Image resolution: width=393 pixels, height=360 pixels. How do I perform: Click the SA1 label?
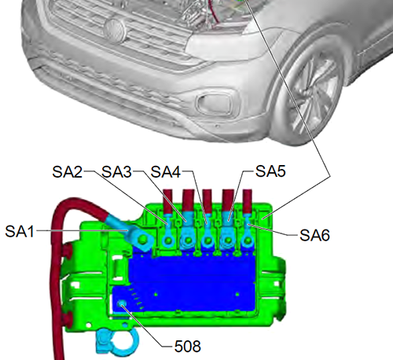click(20, 231)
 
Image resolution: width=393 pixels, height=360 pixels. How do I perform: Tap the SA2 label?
click(68, 172)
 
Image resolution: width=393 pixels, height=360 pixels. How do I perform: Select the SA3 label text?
click(116, 172)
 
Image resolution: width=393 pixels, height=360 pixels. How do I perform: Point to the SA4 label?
click(166, 172)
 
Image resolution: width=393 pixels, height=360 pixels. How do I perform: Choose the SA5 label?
click(270, 171)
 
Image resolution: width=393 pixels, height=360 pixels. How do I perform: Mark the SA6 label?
click(314, 235)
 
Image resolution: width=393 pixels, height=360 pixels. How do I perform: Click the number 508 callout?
click(188, 346)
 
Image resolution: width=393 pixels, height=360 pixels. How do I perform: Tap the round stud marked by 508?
click(122, 304)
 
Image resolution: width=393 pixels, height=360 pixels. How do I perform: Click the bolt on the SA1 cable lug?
click(143, 238)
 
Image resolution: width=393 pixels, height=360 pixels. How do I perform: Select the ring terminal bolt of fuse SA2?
click(168, 240)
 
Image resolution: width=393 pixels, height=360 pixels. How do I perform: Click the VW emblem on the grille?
click(114, 30)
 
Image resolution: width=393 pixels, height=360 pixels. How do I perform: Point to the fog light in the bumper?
click(215, 104)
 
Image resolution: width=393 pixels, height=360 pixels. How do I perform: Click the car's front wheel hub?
click(307, 97)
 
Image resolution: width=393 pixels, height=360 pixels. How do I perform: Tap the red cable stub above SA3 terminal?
click(189, 200)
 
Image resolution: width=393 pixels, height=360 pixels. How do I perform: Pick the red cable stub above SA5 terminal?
click(228, 200)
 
